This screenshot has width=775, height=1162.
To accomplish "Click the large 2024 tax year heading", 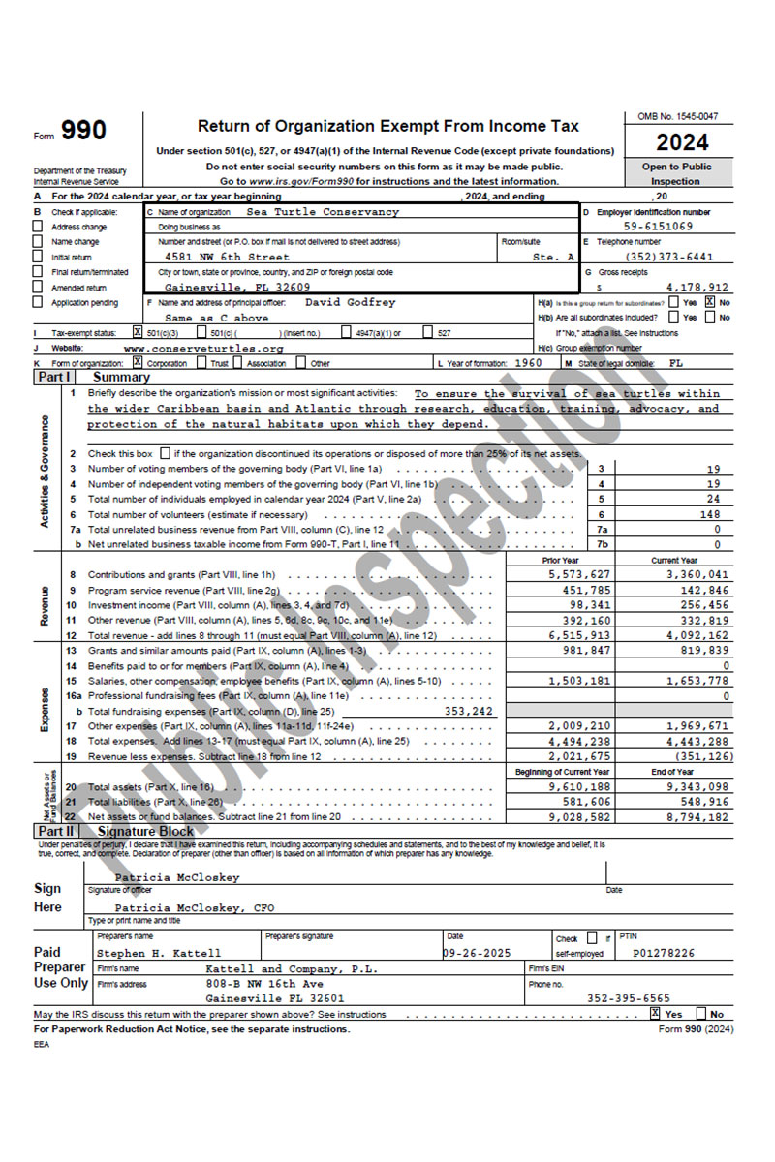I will click(682, 142).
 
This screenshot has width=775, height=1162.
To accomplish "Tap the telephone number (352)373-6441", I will click(676, 257).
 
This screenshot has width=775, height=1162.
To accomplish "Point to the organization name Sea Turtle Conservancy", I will click(323, 211).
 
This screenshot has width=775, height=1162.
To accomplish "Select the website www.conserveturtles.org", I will click(203, 348).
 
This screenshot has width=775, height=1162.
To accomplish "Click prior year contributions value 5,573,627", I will click(579, 574).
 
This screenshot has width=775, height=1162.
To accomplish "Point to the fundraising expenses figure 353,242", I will click(468, 710).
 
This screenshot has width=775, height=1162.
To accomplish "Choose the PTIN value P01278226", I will click(664, 953).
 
